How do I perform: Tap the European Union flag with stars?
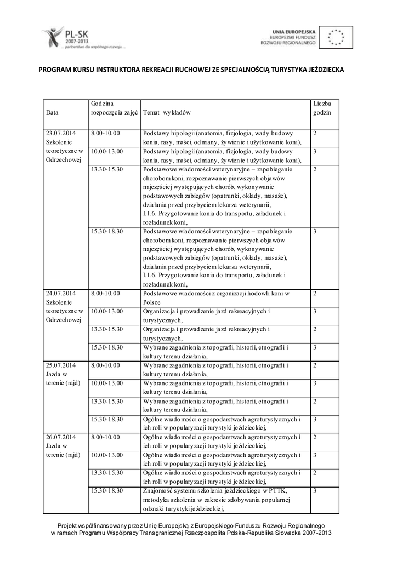point(336,37)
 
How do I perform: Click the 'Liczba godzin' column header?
point(322,107)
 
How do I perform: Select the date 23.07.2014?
point(61,133)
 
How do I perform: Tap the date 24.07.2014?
point(61,294)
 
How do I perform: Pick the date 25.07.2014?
point(61,365)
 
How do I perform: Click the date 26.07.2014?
point(61,437)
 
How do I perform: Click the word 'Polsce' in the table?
point(151,302)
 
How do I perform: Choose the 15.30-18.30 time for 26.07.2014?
point(107,490)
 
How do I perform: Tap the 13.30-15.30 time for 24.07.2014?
point(107,329)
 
